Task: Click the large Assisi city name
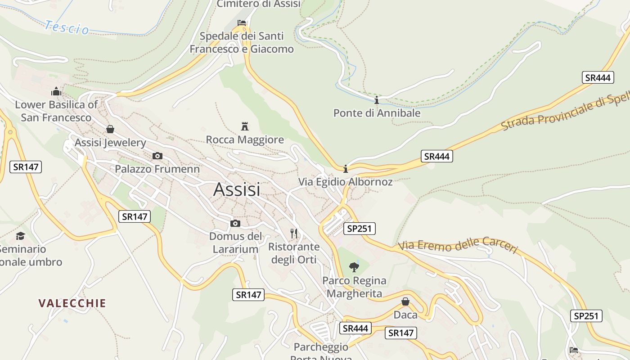[x=237, y=189]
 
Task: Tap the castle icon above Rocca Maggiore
[x=245, y=126]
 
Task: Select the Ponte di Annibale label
[x=377, y=113]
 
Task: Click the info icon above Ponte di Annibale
[x=377, y=100]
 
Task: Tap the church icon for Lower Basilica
[x=56, y=91]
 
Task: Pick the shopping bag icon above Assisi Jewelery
[x=110, y=130]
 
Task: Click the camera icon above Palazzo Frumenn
[x=157, y=156]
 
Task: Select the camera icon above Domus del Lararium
[x=235, y=223]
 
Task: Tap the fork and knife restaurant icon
[x=294, y=233]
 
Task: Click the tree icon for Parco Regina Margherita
[x=354, y=267]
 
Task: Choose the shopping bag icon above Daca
[x=405, y=301]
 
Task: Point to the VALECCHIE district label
[x=72, y=303]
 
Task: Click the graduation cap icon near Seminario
[x=20, y=236]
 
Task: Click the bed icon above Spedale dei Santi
[x=242, y=22]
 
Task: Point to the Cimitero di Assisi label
[x=258, y=4]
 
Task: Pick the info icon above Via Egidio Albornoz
[x=346, y=169]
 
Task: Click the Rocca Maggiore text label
[x=245, y=140]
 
